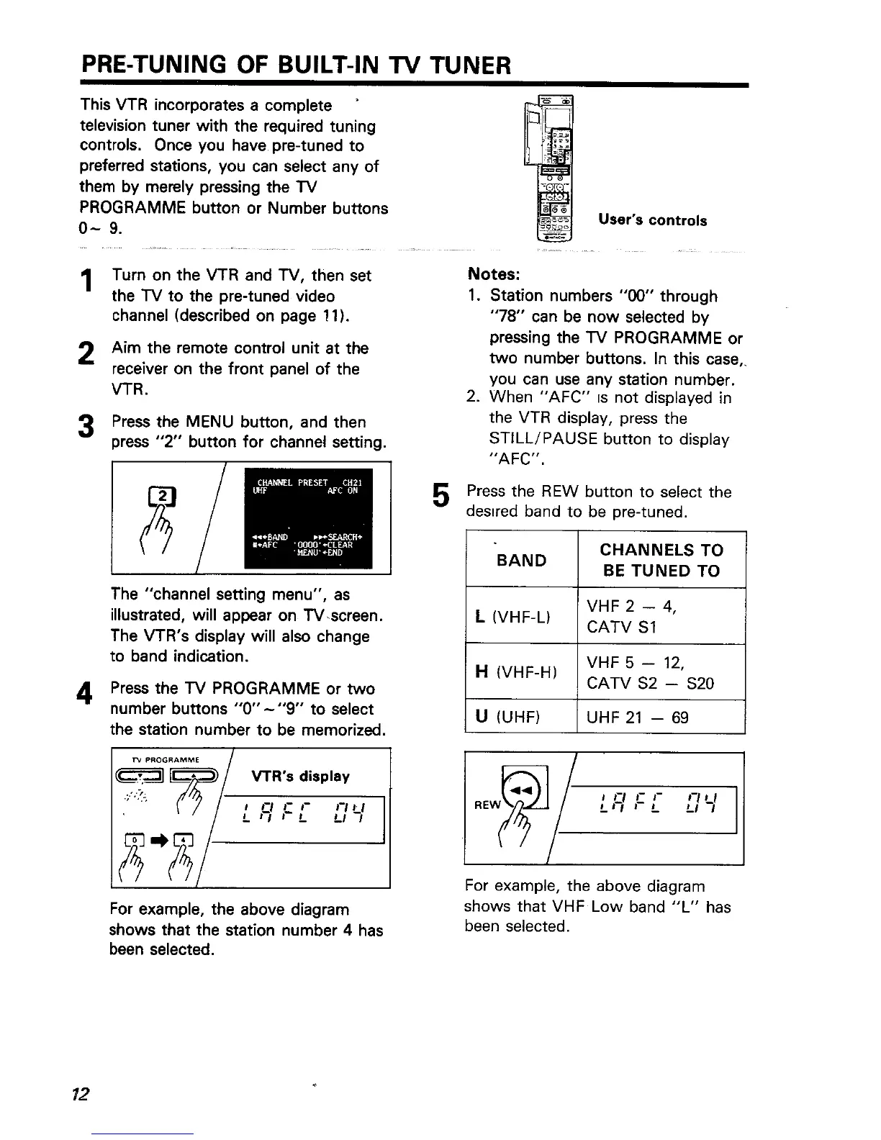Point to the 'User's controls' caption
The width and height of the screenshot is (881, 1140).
(x=652, y=220)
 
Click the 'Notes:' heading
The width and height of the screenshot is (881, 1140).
(x=493, y=275)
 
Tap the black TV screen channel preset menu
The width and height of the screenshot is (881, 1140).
(x=307, y=517)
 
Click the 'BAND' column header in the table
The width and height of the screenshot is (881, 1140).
(x=521, y=561)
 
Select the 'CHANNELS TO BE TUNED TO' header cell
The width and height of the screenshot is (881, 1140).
(x=661, y=561)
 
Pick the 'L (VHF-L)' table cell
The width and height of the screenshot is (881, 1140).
(x=521, y=616)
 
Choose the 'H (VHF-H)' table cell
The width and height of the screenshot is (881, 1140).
(x=521, y=672)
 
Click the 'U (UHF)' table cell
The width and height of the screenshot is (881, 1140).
(x=521, y=717)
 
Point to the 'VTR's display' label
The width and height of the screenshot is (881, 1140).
(x=301, y=776)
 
